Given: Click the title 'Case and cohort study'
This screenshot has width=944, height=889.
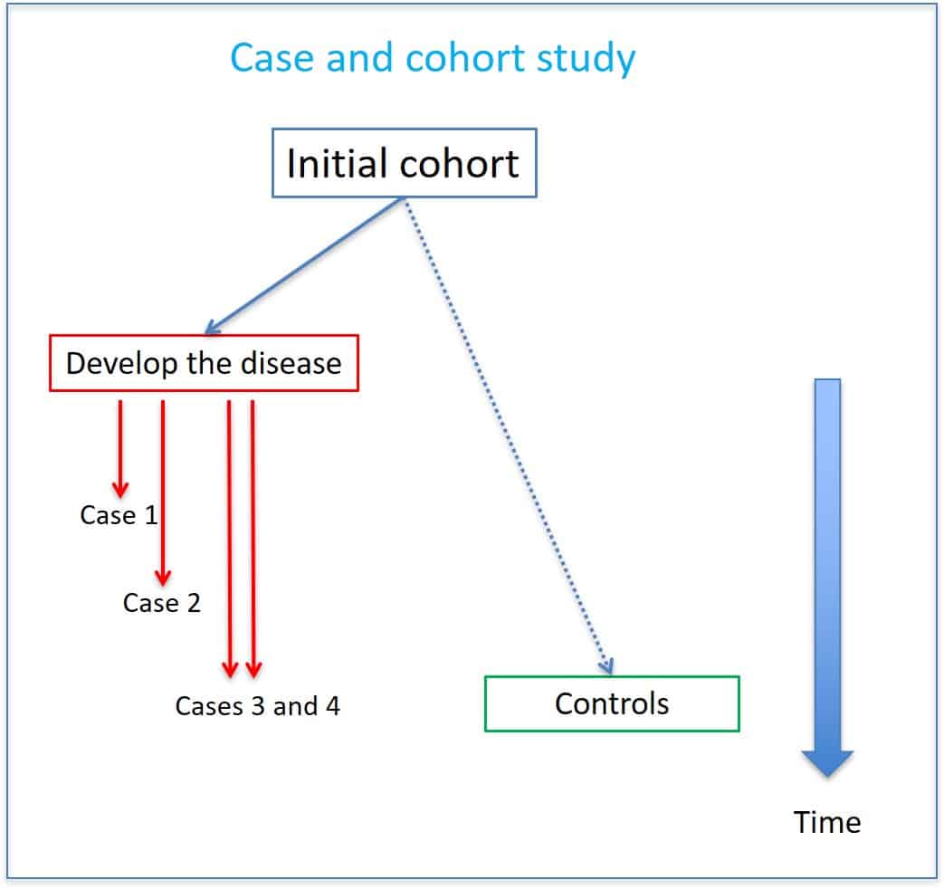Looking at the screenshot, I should [x=433, y=58].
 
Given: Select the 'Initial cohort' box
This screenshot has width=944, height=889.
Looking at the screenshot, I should [x=404, y=164].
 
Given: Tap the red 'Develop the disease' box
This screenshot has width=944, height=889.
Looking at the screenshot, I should [x=204, y=364].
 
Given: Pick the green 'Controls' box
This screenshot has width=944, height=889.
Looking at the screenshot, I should [x=612, y=703].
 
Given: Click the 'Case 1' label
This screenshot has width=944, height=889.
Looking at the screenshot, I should [x=119, y=515].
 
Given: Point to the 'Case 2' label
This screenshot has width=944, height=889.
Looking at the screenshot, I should [x=162, y=602].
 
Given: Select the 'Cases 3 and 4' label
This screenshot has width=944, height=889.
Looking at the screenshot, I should [x=258, y=706].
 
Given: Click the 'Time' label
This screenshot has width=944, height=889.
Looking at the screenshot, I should [x=827, y=822].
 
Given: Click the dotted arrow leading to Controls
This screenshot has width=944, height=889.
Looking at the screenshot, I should [x=507, y=435].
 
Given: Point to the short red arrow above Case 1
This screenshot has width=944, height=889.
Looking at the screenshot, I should [x=119, y=448].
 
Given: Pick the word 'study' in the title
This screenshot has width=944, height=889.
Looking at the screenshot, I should [x=591, y=58].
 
